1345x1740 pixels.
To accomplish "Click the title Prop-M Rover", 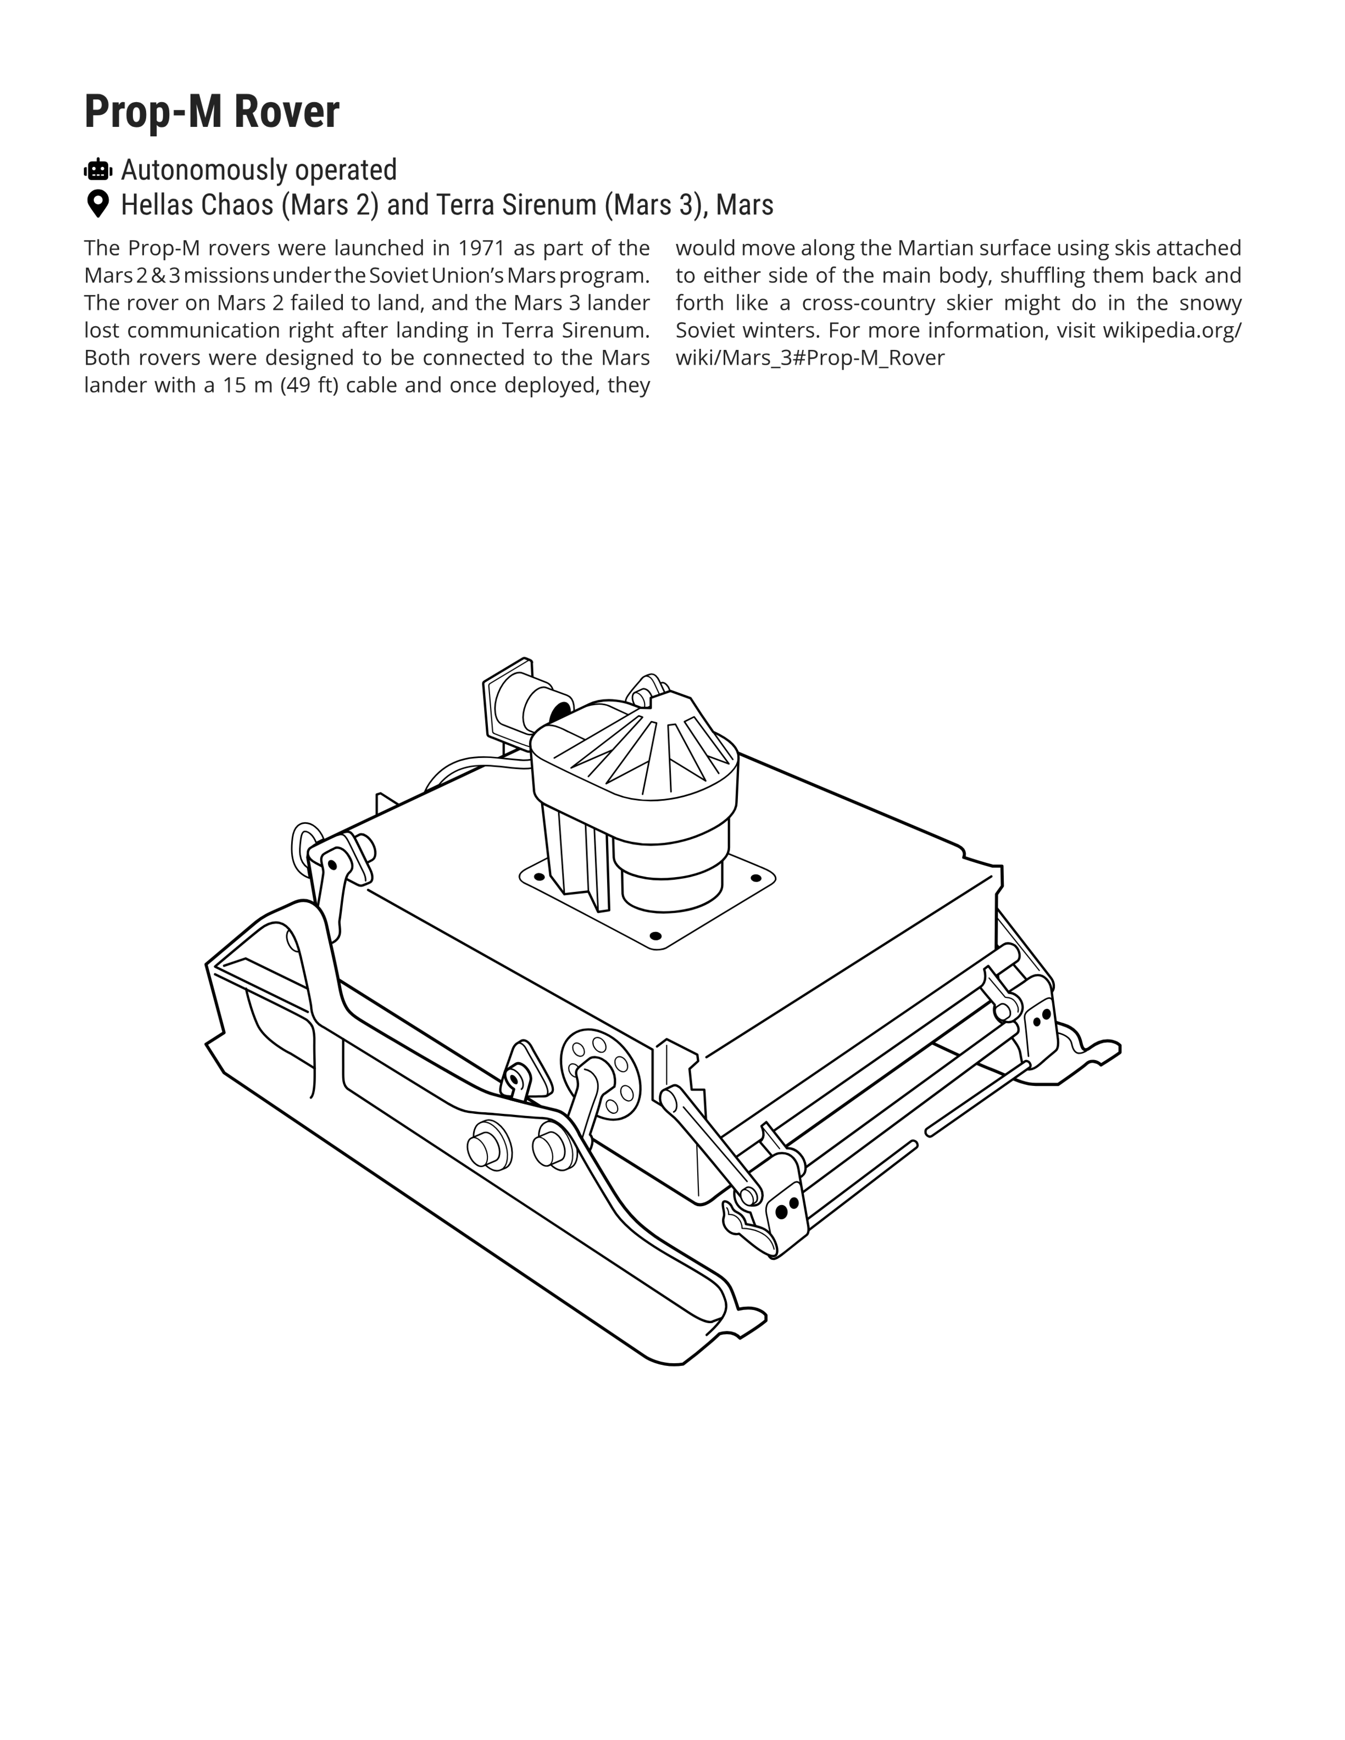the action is [212, 111].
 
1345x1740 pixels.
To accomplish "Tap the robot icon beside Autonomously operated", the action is [98, 170].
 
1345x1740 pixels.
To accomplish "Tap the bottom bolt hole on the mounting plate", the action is [656, 935].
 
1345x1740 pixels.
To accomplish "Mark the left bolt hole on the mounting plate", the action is [540, 877].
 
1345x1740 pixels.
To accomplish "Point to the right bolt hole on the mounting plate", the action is [755, 878].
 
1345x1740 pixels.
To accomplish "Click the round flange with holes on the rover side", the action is [600, 1074].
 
